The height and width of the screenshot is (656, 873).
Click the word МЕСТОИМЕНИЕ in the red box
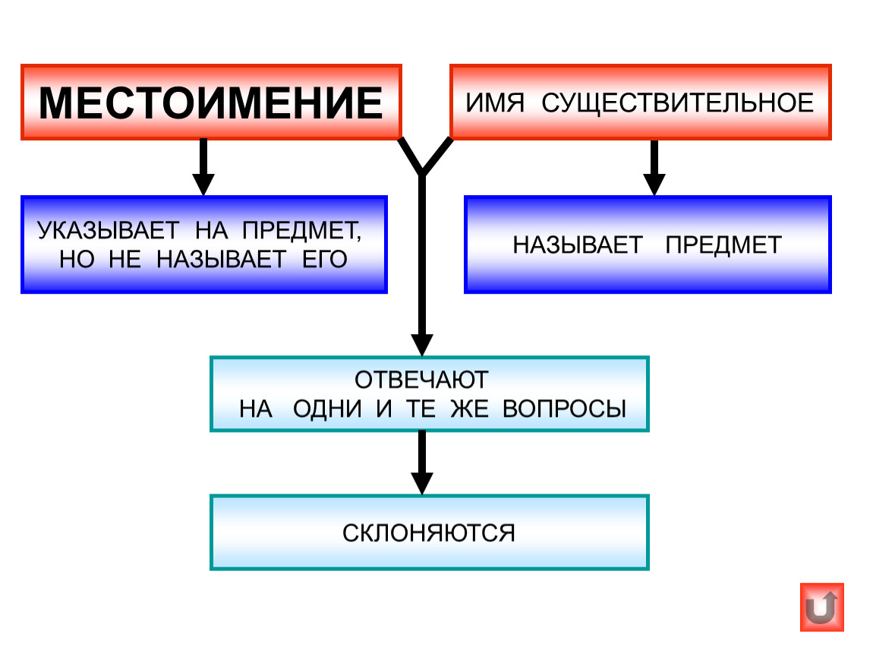[210, 103]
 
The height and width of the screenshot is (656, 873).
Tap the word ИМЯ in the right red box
[495, 103]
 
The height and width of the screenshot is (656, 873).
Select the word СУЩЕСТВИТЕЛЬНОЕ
[678, 104]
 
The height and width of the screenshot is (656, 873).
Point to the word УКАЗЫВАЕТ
[109, 230]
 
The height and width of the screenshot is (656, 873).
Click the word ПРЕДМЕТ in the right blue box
[723, 245]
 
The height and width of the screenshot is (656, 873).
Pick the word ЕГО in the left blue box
[325, 260]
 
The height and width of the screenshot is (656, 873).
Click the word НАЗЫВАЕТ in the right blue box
[578, 245]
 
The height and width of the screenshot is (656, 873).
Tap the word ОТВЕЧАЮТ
[421, 380]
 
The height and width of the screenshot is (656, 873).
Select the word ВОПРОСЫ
[565, 409]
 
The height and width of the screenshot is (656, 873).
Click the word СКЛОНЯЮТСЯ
[429, 533]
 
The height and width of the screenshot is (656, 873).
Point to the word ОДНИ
[327, 409]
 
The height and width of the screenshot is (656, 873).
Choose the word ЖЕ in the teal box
[469, 409]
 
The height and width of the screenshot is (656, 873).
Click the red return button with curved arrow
[822, 607]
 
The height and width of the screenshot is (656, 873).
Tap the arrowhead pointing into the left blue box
[203, 184]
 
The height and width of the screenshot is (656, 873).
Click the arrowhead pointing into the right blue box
[654, 184]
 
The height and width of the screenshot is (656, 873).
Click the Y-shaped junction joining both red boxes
[423, 172]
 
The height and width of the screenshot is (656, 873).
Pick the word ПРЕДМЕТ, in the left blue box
[302, 231]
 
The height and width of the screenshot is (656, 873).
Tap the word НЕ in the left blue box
[124, 260]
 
